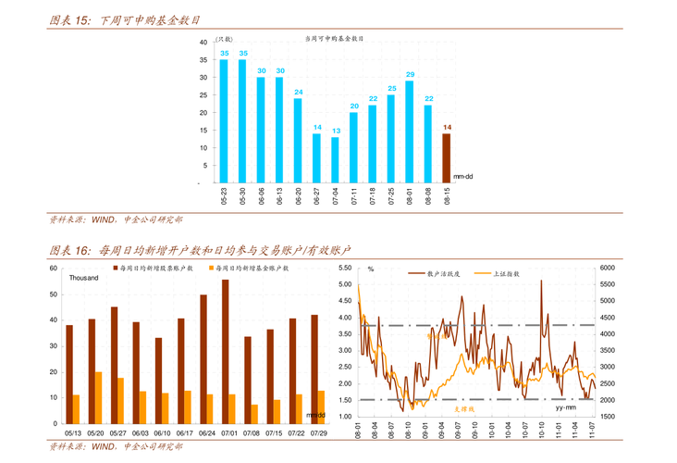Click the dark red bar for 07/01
pyautogui.click(x=225, y=352)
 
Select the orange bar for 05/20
pyautogui.click(x=99, y=397)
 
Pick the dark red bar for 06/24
pyautogui.click(x=203, y=359)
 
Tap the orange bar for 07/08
pyautogui.click(x=254, y=414)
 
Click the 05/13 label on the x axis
pyautogui.click(x=72, y=432)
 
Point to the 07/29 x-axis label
pyautogui.click(x=318, y=432)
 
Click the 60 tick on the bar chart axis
pyautogui.click(x=53, y=268)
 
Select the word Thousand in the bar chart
pyautogui.click(x=83, y=279)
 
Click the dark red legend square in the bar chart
pyautogui.click(x=114, y=268)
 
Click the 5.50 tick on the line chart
pyautogui.click(x=345, y=268)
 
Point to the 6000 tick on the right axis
pyautogui.click(x=607, y=268)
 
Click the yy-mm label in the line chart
pyautogui.click(x=566, y=406)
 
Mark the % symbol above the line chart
pyautogui.click(x=370, y=269)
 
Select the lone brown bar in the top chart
pyautogui.click(x=446, y=153)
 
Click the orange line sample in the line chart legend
pyautogui.click(x=482, y=273)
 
